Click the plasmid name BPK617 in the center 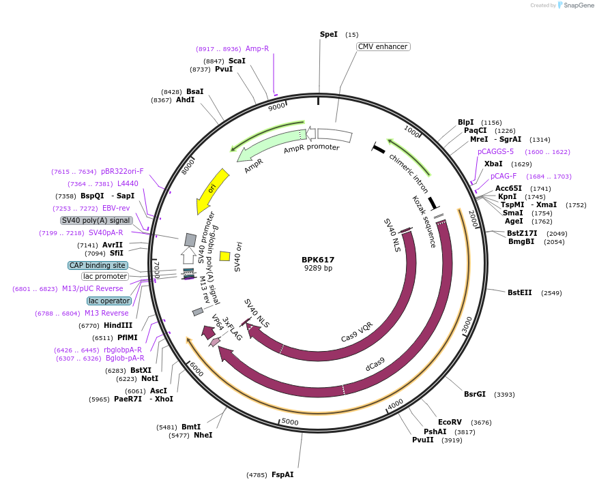(x=318, y=260)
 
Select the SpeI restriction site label (x=329, y=34)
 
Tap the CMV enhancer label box (x=383, y=47)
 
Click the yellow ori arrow (x=212, y=189)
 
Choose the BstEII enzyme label (x=519, y=292)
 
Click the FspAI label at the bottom (x=282, y=474)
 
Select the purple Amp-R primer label (x=257, y=49)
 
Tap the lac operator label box (x=110, y=301)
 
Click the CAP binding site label (x=98, y=265)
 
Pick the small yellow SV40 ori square (x=224, y=256)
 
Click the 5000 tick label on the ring (x=290, y=422)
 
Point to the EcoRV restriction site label (x=450, y=422)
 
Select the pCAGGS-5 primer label (x=495, y=151)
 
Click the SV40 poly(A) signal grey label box (x=96, y=220)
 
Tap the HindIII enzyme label (x=118, y=325)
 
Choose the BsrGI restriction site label (x=475, y=394)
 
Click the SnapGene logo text (x=579, y=5)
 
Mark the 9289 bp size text (x=318, y=269)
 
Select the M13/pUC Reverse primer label (x=93, y=288)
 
